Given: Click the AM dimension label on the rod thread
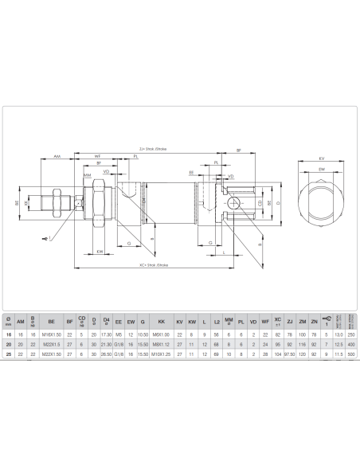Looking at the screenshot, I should pyautogui.click(x=57, y=158).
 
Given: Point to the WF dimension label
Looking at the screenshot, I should pyautogui.click(x=97, y=157).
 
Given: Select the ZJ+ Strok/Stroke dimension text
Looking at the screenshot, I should pyautogui.click(x=152, y=148).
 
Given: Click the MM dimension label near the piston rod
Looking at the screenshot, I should pyautogui.click(x=87, y=174).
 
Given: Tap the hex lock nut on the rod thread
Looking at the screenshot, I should pyautogui.click(x=59, y=204).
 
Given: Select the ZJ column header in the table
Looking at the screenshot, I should pyautogui.click(x=290, y=322).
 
